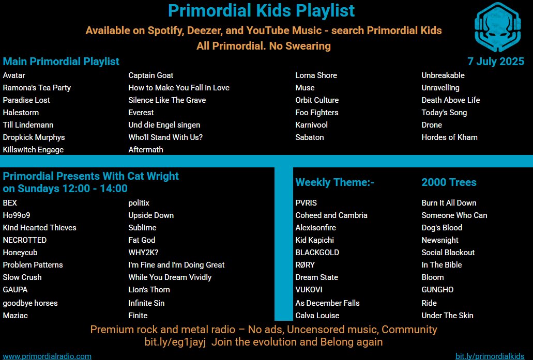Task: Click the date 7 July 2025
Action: coord(496,61)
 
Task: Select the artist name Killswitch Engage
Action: coord(33,150)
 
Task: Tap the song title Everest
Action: coord(141,113)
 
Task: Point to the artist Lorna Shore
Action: coord(316,75)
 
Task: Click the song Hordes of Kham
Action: coord(449,137)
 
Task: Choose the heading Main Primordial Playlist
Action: coord(61,61)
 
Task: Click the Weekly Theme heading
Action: coord(334,182)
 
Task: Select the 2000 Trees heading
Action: coord(449,182)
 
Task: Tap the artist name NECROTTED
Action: coord(25,240)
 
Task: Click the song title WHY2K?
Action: coord(143,253)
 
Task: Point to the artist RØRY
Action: coord(305,265)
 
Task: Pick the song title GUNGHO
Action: coord(437,290)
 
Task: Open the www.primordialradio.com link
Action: coord(47,356)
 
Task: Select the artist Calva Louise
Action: coord(317,316)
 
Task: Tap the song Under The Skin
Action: coord(447,316)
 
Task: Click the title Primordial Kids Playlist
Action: coord(262,10)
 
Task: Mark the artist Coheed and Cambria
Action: coord(331,215)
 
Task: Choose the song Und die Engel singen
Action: coord(164,125)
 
